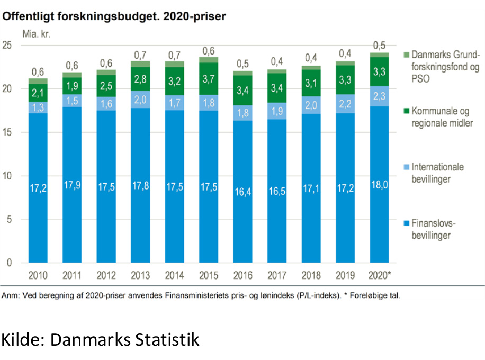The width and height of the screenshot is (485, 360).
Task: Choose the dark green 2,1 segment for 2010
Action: pos(38,93)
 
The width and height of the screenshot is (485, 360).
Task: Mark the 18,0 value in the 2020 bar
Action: pos(379,185)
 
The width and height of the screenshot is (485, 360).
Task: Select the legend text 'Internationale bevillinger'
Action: pos(437,173)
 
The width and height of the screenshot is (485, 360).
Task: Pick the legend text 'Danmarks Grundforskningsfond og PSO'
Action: pos(445,67)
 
